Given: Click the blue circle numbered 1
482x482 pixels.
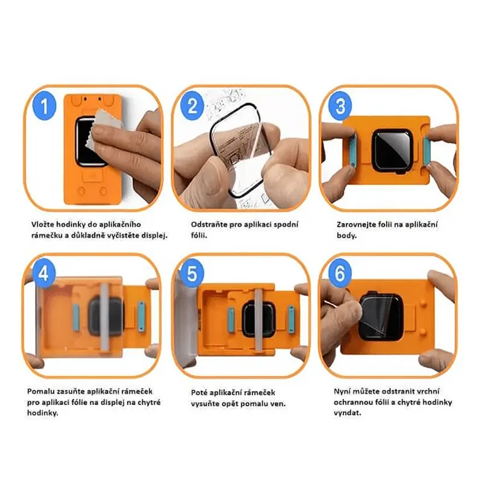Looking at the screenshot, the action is (45, 105).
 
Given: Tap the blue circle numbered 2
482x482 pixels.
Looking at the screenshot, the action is (192, 105).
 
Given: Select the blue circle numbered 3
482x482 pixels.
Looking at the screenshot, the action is (340, 105).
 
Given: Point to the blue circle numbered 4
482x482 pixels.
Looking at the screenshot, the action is (43, 274).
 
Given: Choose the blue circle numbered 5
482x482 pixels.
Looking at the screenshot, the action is (192, 274).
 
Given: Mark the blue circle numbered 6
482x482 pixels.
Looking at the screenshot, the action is (340, 274).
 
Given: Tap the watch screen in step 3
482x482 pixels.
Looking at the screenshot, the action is (391, 149).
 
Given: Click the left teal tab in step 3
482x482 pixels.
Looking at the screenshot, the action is (353, 151).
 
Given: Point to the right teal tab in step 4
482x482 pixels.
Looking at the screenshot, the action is (141, 317).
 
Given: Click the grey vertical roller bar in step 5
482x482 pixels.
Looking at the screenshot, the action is (258, 321).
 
